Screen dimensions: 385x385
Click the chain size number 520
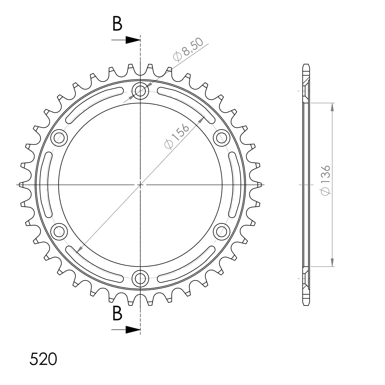[x=43, y=359]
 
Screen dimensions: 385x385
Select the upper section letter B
[x=117, y=24]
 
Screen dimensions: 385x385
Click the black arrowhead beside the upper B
[x=133, y=40]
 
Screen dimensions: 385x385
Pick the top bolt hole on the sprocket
[x=140, y=91]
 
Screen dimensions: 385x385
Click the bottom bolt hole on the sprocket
[x=140, y=278]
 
